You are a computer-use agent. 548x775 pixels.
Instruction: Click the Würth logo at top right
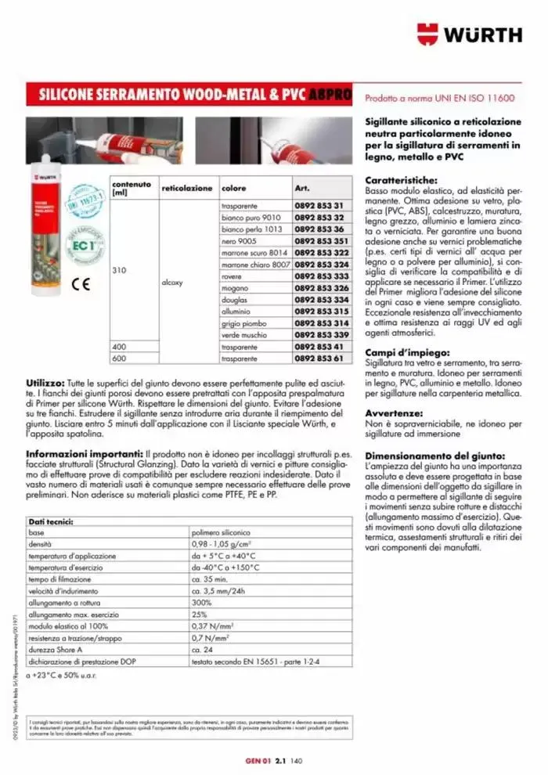[x=469, y=34]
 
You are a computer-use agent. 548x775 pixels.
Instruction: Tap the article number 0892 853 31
[x=319, y=205]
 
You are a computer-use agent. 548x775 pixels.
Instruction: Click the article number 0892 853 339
[x=321, y=334]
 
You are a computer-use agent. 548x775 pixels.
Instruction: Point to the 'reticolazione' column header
[x=186, y=189]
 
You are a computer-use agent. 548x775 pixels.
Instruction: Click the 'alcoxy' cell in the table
[x=171, y=282]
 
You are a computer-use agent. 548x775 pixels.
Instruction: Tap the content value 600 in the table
[x=119, y=358]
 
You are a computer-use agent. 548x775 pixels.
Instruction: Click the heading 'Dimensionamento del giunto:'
[x=435, y=456]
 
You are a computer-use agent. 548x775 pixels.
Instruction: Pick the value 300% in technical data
[x=202, y=604]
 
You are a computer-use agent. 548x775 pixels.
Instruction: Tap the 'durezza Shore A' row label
[x=56, y=650]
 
